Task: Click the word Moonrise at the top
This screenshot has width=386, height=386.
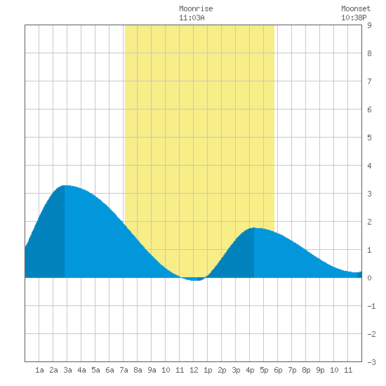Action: pyautogui.click(x=196, y=8)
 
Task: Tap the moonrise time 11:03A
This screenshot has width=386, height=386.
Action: pyautogui.click(x=192, y=18)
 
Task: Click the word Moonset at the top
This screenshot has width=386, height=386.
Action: pyautogui.click(x=356, y=8)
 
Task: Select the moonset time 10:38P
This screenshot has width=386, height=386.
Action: pyautogui.click(x=354, y=18)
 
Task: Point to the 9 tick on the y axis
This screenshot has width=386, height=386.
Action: pyautogui.click(x=369, y=25)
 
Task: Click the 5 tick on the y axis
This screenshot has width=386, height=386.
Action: pyautogui.click(x=369, y=138)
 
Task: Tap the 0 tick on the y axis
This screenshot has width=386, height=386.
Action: pyautogui.click(x=369, y=278)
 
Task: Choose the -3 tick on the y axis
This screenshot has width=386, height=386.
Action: pyautogui.click(x=371, y=362)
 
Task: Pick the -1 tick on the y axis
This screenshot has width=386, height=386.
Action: pyautogui.click(x=371, y=306)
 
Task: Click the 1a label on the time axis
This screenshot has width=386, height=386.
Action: pyautogui.click(x=39, y=370)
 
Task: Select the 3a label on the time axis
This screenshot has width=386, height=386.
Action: pyautogui.click(x=67, y=370)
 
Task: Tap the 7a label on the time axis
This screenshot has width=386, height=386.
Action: pyautogui.click(x=124, y=370)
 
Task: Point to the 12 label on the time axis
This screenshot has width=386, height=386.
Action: pyautogui.click(x=194, y=370)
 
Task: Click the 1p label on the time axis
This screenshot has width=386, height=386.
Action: pyautogui.click(x=208, y=370)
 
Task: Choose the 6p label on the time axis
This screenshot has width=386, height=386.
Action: pyautogui.click(x=278, y=370)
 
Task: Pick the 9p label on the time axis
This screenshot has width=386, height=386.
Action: pyautogui.click(x=320, y=370)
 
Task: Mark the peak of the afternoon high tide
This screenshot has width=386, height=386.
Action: pyautogui.click(x=254, y=227)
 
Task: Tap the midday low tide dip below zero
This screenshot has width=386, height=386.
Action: pyautogui.click(x=194, y=279)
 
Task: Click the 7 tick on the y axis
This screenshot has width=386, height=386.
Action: pyautogui.click(x=369, y=81)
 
